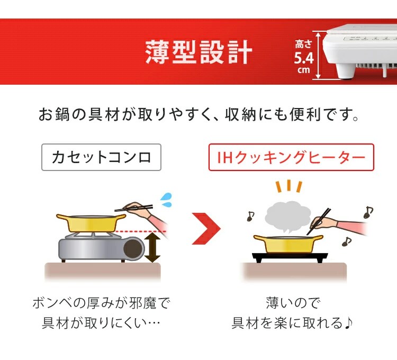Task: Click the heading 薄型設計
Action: pos(198,52)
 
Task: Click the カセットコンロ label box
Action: pos(101,157)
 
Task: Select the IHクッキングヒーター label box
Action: pos(291,157)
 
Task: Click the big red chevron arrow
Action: pos(206,229)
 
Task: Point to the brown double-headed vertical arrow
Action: pos(152,247)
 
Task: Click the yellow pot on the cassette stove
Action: pos(91,223)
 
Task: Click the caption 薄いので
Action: pos(294,303)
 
